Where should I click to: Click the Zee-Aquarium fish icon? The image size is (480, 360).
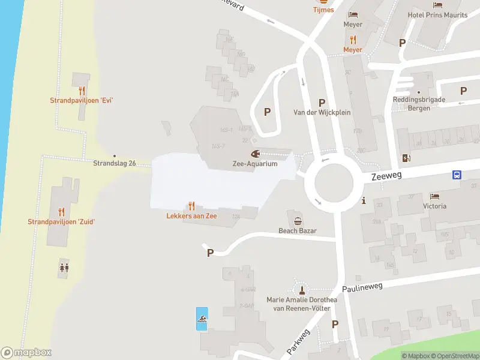[255, 154]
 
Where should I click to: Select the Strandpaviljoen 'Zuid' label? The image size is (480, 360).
[61, 222]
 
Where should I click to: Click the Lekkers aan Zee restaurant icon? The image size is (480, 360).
[191, 206]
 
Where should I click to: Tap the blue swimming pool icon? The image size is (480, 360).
[203, 319]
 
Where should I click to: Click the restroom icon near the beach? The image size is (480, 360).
[64, 268]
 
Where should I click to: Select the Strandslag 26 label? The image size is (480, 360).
[115, 163]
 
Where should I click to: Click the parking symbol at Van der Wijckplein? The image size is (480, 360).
[322, 103]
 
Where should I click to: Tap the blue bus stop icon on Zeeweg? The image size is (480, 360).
[457, 175]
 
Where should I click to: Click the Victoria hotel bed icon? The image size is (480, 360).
[434, 196]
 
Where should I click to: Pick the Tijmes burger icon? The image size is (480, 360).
[323, 2]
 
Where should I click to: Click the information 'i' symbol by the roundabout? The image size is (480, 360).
[364, 201]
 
